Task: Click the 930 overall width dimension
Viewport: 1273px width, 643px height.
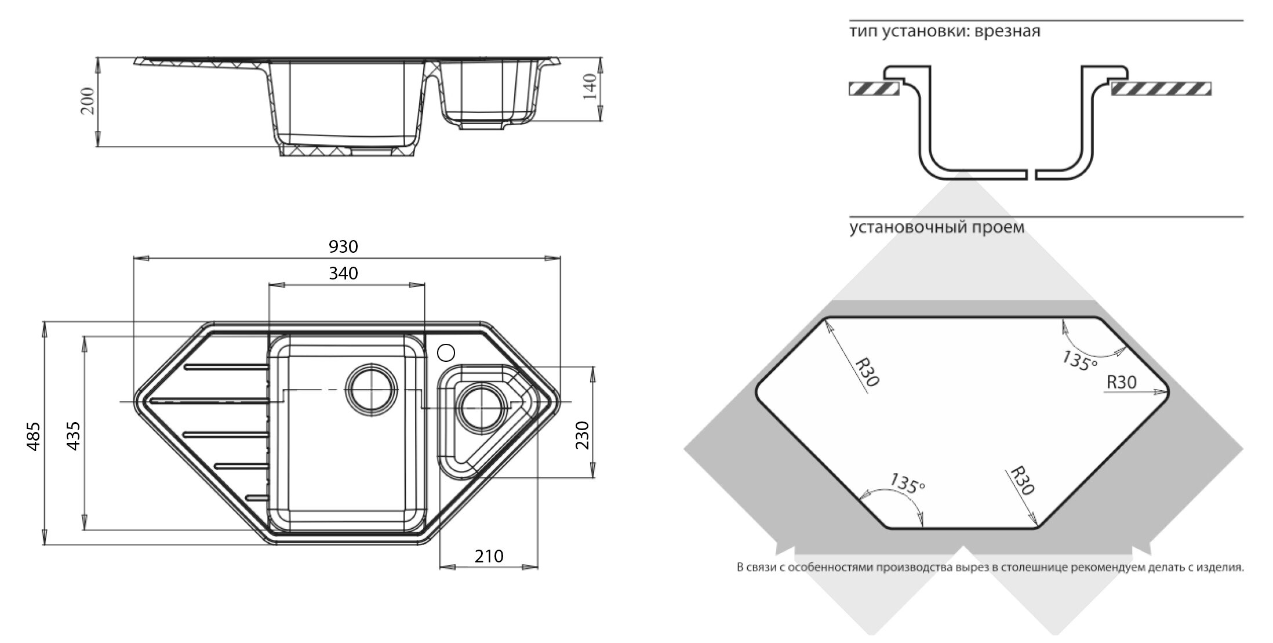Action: [x=343, y=247]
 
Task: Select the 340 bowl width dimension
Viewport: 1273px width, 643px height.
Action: [x=343, y=273]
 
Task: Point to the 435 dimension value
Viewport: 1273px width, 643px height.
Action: [x=74, y=436]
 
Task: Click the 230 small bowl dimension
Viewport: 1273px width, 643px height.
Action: [x=583, y=435]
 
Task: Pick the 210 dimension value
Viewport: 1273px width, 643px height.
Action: [x=489, y=557]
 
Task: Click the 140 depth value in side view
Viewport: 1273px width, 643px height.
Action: [x=590, y=87]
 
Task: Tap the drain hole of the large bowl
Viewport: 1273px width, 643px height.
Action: [x=372, y=388]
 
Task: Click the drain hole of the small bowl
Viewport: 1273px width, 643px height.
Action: [x=481, y=408]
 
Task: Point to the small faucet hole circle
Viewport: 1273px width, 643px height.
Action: [x=446, y=352]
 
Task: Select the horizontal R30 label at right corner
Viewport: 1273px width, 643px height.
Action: [x=1122, y=383]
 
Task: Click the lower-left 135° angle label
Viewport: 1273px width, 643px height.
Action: [x=907, y=484]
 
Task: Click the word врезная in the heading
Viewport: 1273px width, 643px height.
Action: [x=1007, y=31]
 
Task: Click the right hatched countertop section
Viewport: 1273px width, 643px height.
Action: [x=1161, y=89]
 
